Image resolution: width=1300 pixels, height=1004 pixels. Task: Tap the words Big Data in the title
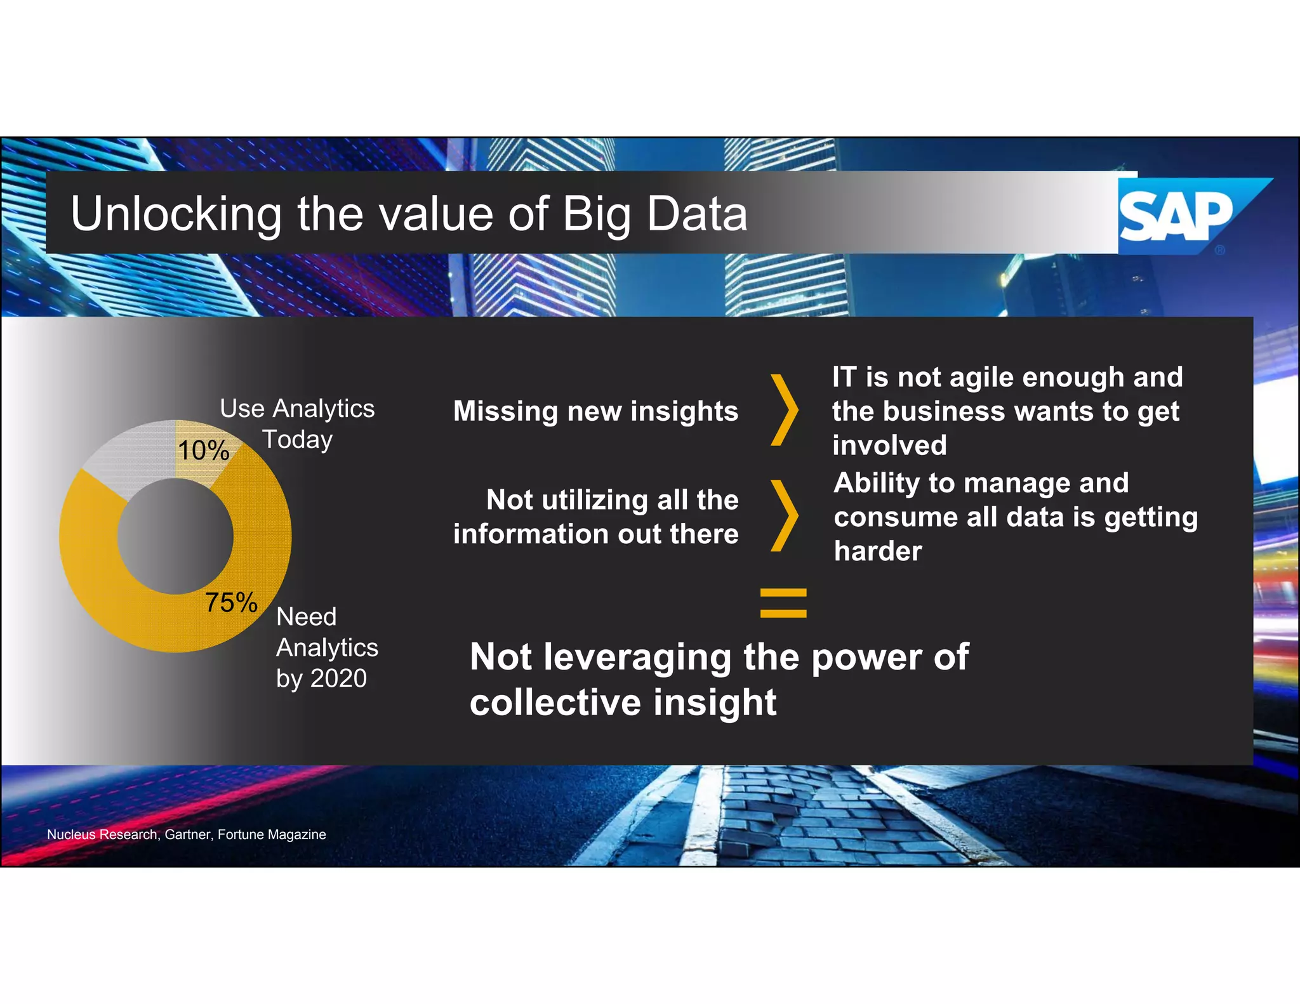pyautogui.click(x=654, y=214)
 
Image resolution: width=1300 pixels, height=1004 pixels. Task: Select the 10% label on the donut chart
pyautogui.click(x=203, y=451)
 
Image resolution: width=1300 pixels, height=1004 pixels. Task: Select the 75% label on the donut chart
pyautogui.click(x=231, y=602)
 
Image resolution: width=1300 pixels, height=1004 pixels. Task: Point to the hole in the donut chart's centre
pyautogui.click(x=175, y=536)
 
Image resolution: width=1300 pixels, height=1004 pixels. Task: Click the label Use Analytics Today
pyautogui.click(x=297, y=423)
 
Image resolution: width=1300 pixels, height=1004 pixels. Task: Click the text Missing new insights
pyautogui.click(x=595, y=411)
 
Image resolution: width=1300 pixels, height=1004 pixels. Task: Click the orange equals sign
pyautogui.click(x=783, y=603)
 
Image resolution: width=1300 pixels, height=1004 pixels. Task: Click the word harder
pyautogui.click(x=878, y=551)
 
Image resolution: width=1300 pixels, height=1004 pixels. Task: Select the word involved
pyautogui.click(x=889, y=445)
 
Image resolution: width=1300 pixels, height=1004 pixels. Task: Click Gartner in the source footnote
pyautogui.click(x=187, y=835)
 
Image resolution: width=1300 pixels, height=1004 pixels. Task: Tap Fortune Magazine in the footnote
pyautogui.click(x=272, y=835)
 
